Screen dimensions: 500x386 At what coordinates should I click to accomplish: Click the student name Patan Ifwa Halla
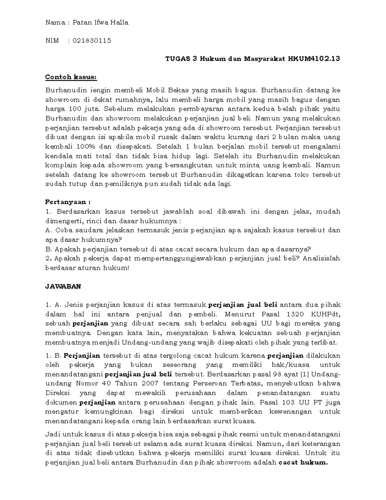coord(100,23)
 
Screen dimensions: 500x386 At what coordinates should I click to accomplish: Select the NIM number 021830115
coord(92,41)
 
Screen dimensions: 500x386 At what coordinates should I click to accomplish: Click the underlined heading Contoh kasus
coord(71,77)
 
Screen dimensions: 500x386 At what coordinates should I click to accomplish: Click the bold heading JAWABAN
coord(63,286)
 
